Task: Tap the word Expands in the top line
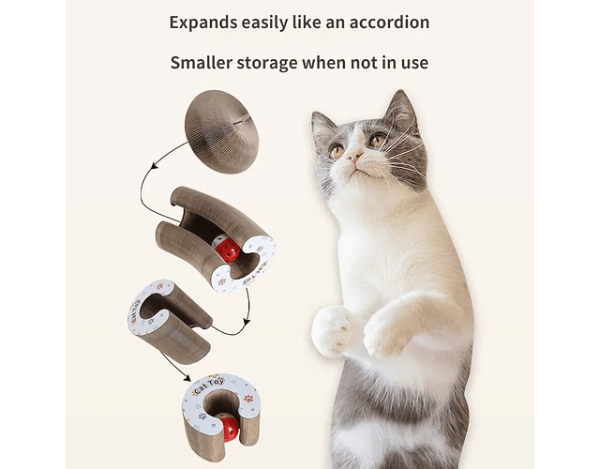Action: pyautogui.click(x=202, y=23)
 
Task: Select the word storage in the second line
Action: pyautogui.click(x=267, y=63)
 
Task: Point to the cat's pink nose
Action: pyautogui.click(x=355, y=157)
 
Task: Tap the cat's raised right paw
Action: pyautogui.click(x=331, y=330)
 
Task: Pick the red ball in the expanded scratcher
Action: pyautogui.click(x=228, y=250)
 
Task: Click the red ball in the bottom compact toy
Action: pyautogui.click(x=230, y=428)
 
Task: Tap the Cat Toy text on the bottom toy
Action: pyautogui.click(x=209, y=386)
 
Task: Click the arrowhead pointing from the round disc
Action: pyautogui.click(x=155, y=165)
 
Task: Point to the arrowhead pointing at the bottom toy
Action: pyautogui.click(x=187, y=377)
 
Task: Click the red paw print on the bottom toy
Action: pyautogui.click(x=248, y=398)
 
